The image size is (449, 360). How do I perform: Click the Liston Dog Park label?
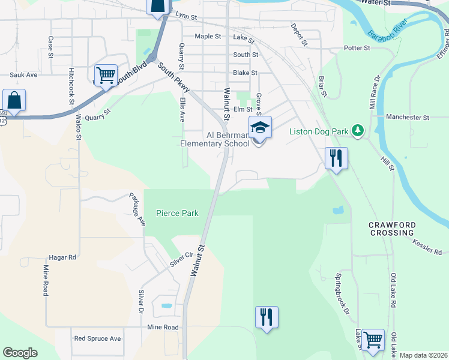319,131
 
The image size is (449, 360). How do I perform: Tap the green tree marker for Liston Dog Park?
358,130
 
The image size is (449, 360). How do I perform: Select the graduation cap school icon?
260,128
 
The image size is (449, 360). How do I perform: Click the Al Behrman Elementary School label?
215,139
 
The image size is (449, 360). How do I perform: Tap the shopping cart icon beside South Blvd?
106,76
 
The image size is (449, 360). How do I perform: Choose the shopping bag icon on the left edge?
14,100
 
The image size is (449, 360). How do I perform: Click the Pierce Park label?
177,213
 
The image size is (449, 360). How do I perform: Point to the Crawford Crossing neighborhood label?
391,228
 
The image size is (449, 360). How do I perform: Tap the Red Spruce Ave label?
97,338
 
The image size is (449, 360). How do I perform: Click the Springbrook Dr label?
342,295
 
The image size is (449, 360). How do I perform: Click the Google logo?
20,353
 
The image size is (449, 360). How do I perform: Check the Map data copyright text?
423,355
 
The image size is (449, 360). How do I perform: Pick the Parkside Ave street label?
137,209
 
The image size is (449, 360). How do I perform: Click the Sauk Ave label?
23,75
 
